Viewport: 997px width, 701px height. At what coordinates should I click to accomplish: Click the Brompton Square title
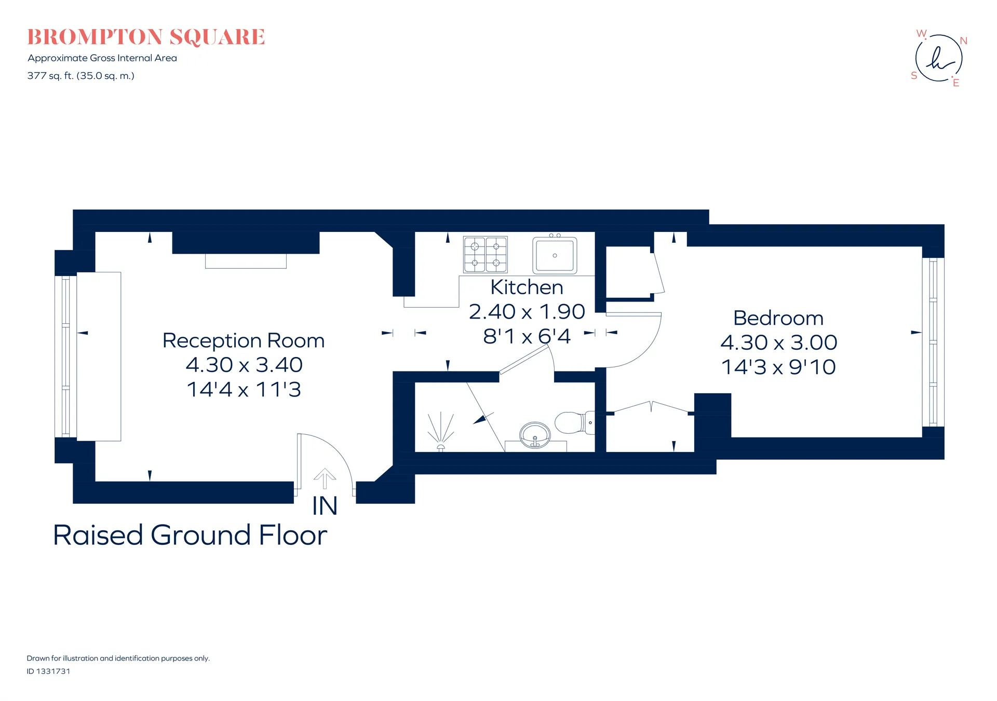click(x=146, y=37)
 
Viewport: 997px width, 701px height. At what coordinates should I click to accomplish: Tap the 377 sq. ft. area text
click(x=81, y=76)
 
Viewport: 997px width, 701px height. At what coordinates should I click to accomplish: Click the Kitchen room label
click(x=527, y=287)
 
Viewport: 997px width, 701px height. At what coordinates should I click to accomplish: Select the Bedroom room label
click(x=778, y=318)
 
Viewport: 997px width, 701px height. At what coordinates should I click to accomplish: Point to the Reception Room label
click(x=244, y=340)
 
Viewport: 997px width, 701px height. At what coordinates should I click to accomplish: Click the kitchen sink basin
click(x=555, y=255)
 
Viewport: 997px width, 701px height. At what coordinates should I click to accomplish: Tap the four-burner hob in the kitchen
click(x=486, y=254)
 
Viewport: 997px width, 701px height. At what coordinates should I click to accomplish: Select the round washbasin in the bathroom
click(x=535, y=434)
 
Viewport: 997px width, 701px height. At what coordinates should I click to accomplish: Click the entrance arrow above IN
click(x=325, y=478)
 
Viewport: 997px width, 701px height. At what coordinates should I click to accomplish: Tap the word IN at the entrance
click(x=325, y=506)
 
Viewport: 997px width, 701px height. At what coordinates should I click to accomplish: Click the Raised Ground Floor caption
click(x=190, y=535)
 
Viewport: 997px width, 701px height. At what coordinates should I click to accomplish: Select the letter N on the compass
click(x=963, y=40)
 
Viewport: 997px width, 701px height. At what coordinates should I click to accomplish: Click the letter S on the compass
click(x=914, y=76)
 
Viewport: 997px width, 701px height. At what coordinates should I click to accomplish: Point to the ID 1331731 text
click(x=48, y=671)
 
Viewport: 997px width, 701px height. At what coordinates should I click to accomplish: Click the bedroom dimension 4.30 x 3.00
click(x=778, y=342)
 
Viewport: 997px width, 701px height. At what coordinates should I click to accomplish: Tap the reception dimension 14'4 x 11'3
click(x=244, y=390)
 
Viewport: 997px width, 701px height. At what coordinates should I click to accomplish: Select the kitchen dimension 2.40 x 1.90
click(x=527, y=311)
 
